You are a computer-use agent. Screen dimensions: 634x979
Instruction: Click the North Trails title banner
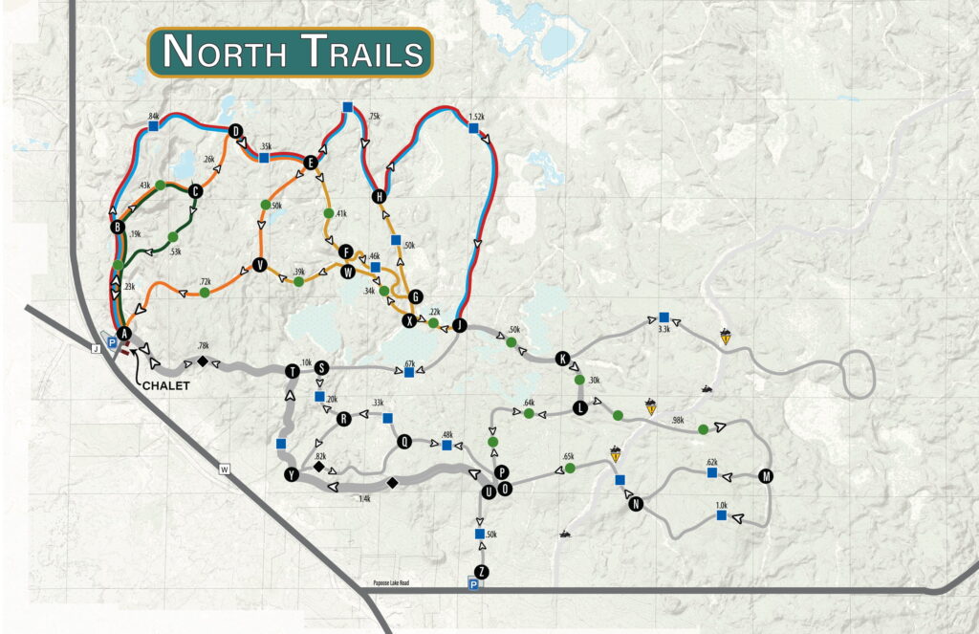[290, 52]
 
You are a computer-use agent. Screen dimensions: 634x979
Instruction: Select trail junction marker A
[122, 331]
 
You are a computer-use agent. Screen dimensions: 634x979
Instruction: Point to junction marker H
[380, 197]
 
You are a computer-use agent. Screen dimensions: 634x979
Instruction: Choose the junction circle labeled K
[562, 359]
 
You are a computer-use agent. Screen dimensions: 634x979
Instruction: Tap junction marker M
[765, 476]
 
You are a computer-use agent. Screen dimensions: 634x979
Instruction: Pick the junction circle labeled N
[636, 505]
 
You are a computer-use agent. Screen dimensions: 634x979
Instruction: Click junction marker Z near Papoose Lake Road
[482, 571]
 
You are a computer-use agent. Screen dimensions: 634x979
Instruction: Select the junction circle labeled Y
[292, 475]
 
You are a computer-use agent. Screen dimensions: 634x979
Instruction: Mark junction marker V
[258, 265]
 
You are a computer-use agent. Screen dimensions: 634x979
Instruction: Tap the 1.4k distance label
[363, 498]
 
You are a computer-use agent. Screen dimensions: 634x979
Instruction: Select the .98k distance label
[678, 421]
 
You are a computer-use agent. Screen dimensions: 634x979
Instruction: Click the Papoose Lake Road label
[397, 582]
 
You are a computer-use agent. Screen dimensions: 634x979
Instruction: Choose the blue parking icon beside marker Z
[473, 584]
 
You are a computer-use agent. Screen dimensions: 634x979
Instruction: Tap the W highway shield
[225, 470]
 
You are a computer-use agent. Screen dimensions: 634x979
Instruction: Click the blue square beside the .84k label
[153, 124]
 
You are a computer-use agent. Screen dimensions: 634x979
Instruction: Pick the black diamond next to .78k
[203, 361]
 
